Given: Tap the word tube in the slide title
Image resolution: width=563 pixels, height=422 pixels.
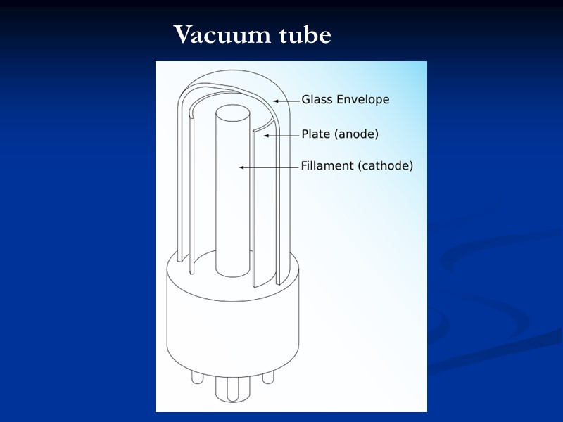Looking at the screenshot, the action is (x=303, y=34).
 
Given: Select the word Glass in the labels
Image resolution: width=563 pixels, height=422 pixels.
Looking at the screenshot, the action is (x=317, y=100).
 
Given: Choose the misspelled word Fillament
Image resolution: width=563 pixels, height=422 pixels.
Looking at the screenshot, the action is (x=327, y=167).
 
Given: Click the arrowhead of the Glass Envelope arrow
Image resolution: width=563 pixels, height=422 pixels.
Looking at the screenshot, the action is (x=276, y=101).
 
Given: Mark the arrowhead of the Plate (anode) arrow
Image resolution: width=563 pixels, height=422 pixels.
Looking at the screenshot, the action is (x=265, y=134).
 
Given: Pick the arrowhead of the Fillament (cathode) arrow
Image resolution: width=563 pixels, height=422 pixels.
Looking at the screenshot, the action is (x=241, y=167).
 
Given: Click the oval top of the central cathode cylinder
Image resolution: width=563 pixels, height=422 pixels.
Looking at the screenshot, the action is (x=232, y=113).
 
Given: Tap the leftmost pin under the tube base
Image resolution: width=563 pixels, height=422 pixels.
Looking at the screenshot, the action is (x=196, y=377).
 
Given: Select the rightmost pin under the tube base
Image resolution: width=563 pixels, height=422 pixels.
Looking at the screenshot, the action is (x=267, y=377).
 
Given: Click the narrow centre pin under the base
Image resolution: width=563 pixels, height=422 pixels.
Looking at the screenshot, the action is (x=232, y=388).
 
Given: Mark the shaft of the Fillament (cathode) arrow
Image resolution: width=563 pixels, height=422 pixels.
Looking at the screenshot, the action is (x=271, y=167).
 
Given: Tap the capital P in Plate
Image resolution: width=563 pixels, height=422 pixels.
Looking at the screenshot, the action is (x=305, y=134).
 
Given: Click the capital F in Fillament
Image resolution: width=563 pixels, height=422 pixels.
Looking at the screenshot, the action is (x=305, y=167).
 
